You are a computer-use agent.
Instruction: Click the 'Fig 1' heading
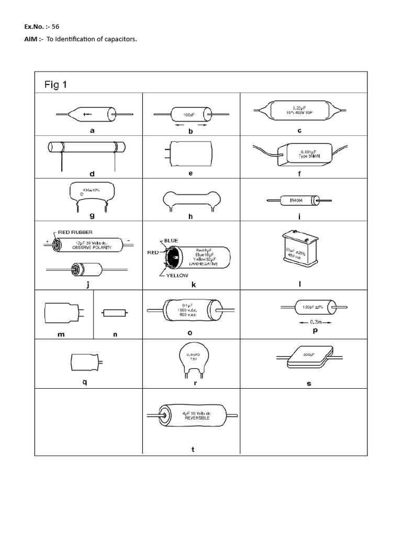[54, 84]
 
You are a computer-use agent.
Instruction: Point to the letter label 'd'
[92, 173]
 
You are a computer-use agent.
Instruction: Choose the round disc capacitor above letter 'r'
[192, 357]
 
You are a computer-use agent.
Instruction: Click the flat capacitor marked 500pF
[309, 357]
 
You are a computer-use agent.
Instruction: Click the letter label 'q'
[84, 381]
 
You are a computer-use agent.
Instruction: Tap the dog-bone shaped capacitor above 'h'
[192, 199]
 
